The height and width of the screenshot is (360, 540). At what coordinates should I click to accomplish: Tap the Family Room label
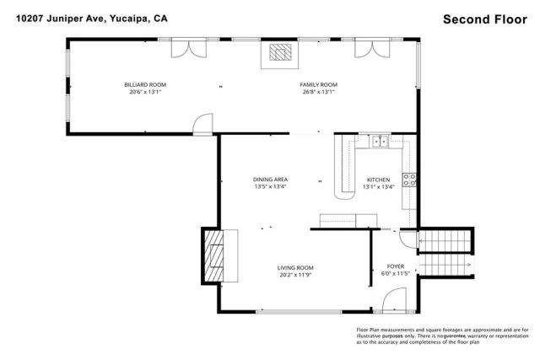tap(318, 85)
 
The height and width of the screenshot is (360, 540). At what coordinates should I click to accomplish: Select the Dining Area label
tap(271, 180)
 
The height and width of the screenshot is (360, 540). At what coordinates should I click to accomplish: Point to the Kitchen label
tap(377, 180)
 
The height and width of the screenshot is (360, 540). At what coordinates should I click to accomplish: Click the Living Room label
tap(295, 268)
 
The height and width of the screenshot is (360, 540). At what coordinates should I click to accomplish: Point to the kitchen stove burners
tap(409, 180)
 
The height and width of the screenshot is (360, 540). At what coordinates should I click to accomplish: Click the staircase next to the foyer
tap(445, 252)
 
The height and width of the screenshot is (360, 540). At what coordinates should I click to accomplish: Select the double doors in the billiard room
tap(186, 48)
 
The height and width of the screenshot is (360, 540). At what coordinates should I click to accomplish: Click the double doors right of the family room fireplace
tap(370, 48)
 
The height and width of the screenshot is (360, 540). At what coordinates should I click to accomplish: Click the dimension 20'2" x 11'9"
tap(295, 275)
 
